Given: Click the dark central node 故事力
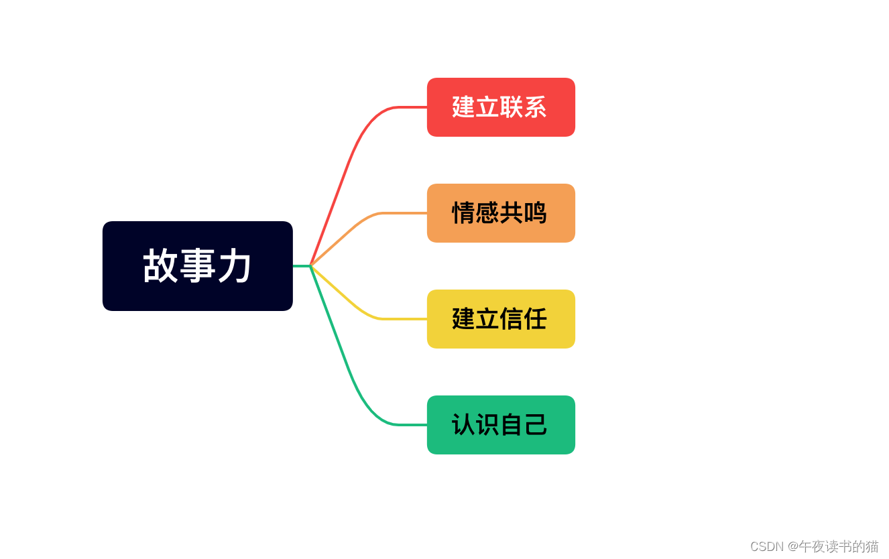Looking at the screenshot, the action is (197, 266).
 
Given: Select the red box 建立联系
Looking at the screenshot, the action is (501, 107).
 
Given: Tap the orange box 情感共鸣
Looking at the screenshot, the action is (501, 213).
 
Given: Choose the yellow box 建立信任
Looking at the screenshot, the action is (501, 319).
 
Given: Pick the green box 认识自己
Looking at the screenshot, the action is (501, 425).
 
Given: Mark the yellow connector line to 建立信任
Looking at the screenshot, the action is (355, 306).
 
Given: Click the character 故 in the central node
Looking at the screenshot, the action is (160, 266).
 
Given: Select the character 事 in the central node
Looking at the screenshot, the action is (198, 266).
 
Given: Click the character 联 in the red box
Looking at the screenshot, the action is (512, 107).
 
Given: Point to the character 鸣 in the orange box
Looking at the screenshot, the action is (535, 213).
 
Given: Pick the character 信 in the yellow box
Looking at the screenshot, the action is (512, 319).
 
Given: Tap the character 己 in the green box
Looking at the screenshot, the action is (536, 425).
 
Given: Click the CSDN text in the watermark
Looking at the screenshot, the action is (766, 546).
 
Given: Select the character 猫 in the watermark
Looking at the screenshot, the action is (871, 546).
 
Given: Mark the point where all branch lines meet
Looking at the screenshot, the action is (310, 266).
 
